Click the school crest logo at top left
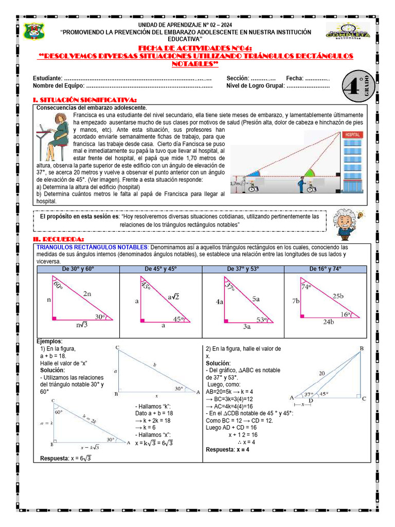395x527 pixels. tap(34, 31)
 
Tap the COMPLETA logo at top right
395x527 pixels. tap(348, 31)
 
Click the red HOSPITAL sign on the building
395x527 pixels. tap(353, 134)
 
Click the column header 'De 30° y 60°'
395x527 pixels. tap(78, 269)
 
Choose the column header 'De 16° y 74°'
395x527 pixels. tap(325, 269)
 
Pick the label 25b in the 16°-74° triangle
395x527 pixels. tap(338, 295)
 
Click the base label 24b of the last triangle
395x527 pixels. tap(328, 322)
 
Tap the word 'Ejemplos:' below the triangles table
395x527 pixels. tap(49, 342)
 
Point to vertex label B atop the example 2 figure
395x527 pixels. tap(361, 349)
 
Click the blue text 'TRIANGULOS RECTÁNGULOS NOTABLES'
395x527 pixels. tap(92, 248)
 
